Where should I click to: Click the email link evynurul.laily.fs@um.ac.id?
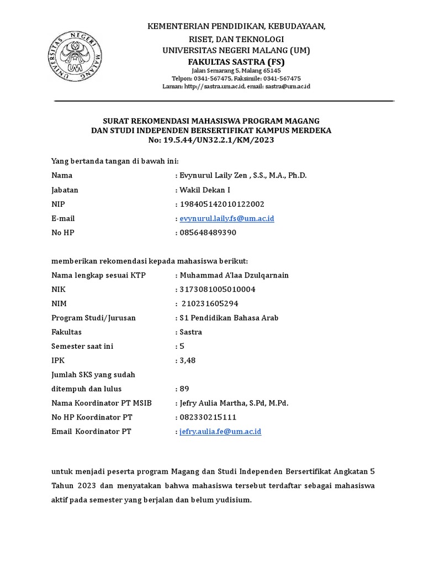click(x=227, y=218)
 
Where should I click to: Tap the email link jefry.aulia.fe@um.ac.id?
click(x=220, y=431)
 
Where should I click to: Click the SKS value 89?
click(x=184, y=389)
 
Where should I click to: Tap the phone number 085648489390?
click(x=208, y=233)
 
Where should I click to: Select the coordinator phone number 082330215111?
click(x=208, y=417)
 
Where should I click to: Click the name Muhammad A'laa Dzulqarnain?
click(x=234, y=275)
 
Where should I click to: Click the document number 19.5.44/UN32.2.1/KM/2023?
click(x=219, y=140)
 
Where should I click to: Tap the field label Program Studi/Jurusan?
click(x=93, y=318)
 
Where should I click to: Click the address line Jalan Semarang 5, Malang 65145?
click(x=236, y=71)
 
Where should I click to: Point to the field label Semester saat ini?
click(x=82, y=346)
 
